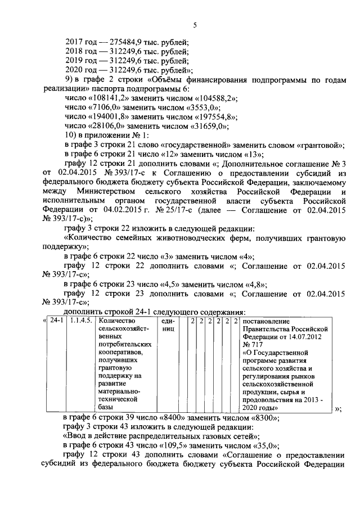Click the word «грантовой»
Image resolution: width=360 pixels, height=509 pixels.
(x=322, y=145)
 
